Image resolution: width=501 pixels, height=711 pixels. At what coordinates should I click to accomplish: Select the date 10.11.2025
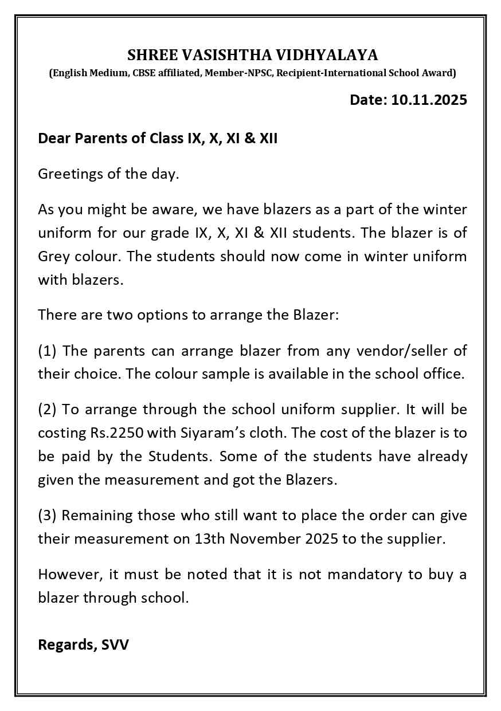[429, 100]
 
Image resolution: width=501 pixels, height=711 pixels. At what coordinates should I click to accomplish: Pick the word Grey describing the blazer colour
[53, 256]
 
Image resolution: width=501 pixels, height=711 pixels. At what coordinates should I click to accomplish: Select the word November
[289, 539]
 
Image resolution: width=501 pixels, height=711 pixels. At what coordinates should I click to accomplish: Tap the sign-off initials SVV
[115, 645]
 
